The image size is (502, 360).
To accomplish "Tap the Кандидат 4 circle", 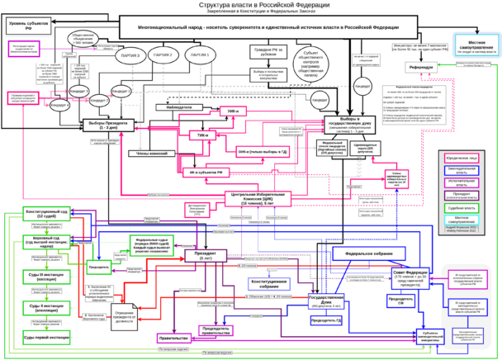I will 60,105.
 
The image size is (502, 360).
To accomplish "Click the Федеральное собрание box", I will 367,253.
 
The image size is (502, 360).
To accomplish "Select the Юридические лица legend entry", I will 467,154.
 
